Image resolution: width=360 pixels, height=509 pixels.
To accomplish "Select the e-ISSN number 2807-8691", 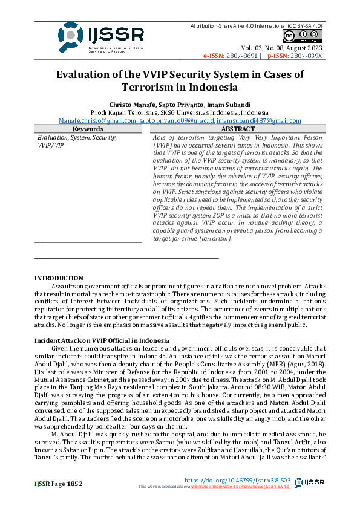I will point(243,56).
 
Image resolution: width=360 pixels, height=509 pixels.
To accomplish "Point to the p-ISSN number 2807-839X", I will point(307,56).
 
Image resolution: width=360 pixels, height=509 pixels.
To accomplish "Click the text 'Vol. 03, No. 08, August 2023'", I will point(282,48).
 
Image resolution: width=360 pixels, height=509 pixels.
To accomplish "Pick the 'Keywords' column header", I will point(88,129).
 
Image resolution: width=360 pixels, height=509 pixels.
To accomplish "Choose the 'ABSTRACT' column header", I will point(238,129).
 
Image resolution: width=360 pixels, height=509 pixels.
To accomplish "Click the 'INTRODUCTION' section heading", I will point(59,277).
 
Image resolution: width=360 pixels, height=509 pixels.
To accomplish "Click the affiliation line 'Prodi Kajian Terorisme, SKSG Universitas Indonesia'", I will point(179,112).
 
